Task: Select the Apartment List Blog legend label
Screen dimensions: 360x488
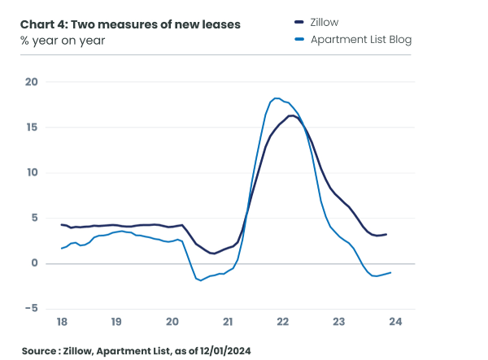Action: coord(361,39)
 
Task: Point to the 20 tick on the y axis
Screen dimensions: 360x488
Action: coord(32,81)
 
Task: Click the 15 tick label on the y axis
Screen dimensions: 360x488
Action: coord(32,127)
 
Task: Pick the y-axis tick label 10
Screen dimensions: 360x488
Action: coord(32,172)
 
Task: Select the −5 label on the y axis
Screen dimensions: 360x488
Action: coord(31,308)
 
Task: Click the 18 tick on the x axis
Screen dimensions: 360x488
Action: coord(62,322)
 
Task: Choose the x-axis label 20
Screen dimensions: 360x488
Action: coord(172,322)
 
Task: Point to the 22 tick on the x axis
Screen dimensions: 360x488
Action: coord(283,322)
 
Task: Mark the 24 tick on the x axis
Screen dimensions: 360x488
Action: coord(394,322)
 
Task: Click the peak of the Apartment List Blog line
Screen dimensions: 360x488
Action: coord(277,98)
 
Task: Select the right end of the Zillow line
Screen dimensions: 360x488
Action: coord(386,234)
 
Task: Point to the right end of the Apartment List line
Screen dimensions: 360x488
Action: coord(390,272)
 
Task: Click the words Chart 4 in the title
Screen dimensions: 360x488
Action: coord(42,24)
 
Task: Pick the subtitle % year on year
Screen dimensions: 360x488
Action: coord(63,40)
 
